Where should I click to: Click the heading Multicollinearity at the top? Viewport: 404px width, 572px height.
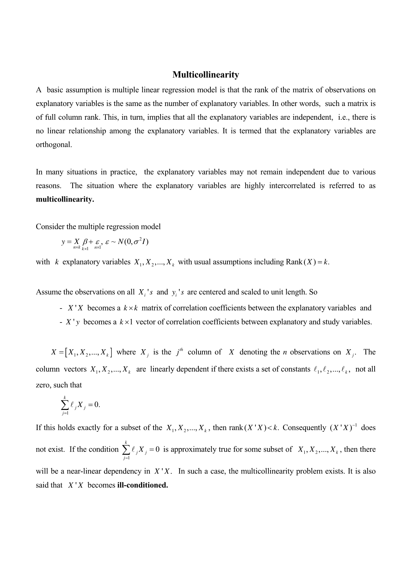(206, 75)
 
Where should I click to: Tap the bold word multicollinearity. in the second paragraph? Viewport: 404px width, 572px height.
(65, 200)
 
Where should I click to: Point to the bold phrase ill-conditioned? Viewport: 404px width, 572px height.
(142, 485)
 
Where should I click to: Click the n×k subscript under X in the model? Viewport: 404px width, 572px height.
(77, 248)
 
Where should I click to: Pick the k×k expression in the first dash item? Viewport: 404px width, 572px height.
(131, 308)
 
